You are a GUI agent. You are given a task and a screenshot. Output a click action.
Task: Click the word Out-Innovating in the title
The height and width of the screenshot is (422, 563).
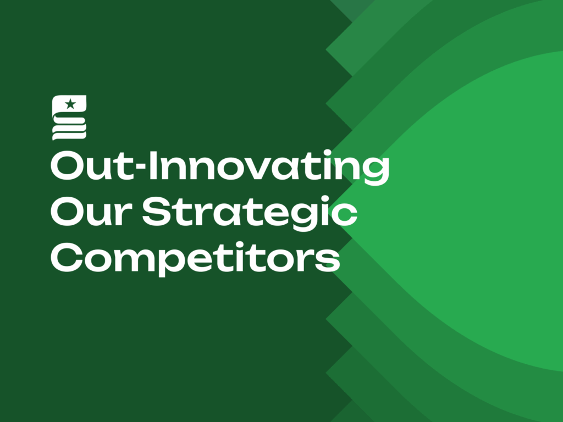pos(220,167)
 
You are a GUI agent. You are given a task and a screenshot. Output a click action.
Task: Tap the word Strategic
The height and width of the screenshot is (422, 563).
pos(250,213)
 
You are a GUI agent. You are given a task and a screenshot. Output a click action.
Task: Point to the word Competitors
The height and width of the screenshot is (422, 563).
pos(195,258)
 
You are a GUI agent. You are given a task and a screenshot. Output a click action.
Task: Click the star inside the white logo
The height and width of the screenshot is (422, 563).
pos(70,104)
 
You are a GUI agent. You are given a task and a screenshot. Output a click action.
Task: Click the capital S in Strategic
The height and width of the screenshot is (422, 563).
pos(157,212)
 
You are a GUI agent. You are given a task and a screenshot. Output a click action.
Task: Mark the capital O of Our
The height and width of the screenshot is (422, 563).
pos(68,212)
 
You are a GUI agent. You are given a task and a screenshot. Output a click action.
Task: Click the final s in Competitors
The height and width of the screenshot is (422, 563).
pos(327,261)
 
